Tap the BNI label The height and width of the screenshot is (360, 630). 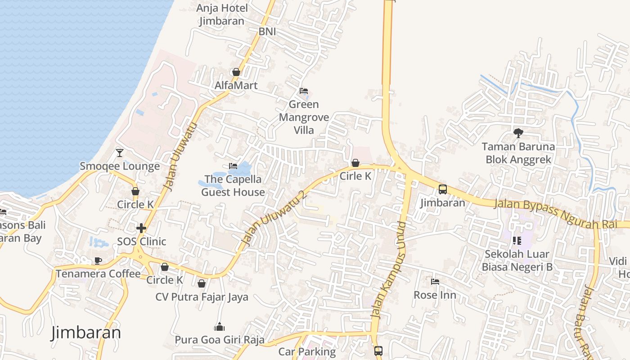tap(267, 32)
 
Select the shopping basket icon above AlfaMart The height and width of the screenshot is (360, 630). tap(236, 72)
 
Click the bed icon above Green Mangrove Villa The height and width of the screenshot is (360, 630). tap(304, 91)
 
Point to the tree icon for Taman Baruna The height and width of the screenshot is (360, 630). tap(518, 133)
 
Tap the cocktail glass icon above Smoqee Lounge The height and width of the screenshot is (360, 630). tap(120, 153)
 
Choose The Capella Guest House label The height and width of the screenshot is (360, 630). tap(233, 185)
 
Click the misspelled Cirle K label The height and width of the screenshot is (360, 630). tap(355, 176)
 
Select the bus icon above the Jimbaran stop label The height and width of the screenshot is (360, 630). tap(442, 189)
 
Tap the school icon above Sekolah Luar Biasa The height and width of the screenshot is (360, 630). tap(517, 241)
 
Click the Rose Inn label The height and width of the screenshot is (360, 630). tap(435, 295)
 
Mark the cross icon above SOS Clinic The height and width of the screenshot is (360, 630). tap(141, 228)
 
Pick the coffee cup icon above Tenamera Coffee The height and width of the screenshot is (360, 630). tap(98, 261)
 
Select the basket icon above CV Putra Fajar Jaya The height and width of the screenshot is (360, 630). tap(202, 283)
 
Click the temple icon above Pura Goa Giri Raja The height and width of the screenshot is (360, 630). tap(219, 326)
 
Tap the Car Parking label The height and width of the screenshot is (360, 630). tap(307, 352)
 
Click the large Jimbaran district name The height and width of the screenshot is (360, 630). tap(86, 333)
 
